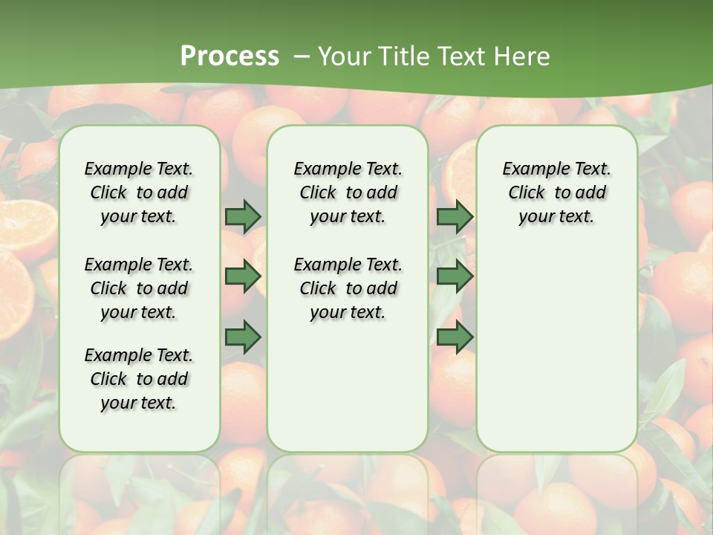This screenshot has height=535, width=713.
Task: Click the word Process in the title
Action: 229,56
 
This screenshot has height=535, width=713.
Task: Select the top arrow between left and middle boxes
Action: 243,216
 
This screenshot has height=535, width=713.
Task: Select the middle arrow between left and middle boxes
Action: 243,276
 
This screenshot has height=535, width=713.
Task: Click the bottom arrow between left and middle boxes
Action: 243,337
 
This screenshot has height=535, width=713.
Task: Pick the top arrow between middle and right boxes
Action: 455,216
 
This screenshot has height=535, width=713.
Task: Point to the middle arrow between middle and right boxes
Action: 455,276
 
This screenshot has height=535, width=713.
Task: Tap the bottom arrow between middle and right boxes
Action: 455,337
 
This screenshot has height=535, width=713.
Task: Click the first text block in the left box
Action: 139,192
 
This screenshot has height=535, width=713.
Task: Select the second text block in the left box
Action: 139,288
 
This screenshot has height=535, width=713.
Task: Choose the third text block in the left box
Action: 139,379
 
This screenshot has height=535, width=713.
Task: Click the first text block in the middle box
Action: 348,192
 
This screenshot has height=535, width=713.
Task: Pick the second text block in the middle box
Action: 348,288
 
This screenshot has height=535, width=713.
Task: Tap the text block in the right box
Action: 556,192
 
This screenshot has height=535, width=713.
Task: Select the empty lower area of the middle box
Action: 348,386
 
